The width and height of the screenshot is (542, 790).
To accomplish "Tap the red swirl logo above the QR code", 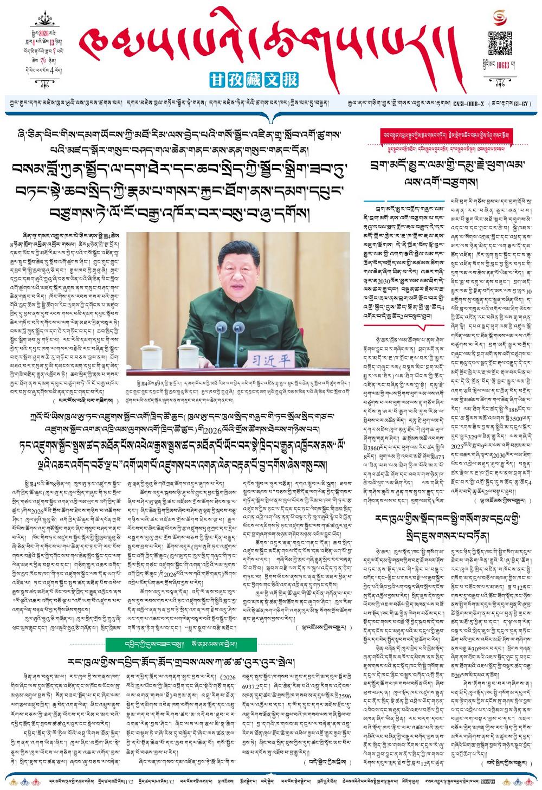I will (x=500, y=18).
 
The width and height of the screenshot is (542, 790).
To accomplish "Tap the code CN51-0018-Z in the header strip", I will (x=469, y=102).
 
